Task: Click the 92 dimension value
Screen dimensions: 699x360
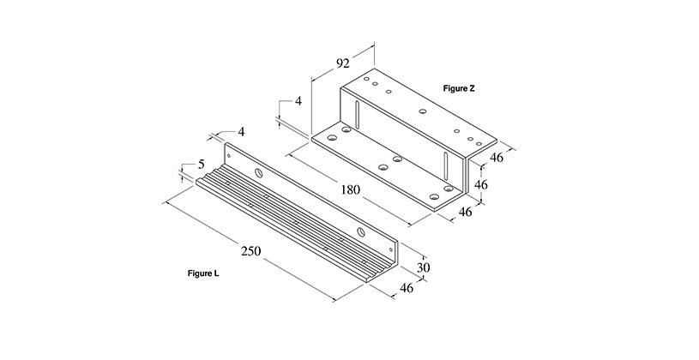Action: pos(342,63)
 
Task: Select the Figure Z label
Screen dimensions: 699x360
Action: pos(459,88)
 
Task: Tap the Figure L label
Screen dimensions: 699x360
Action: pos(202,273)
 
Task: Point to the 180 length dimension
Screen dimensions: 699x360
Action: pos(350,189)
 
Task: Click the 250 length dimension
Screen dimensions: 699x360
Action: pos(250,251)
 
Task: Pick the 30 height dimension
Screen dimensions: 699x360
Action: pos(423,267)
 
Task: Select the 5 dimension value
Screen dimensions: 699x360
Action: pos(201,165)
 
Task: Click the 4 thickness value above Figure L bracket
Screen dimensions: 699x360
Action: pos(241,131)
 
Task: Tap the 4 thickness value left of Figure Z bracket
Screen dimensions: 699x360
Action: pos(298,101)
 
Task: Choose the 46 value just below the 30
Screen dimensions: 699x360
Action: pos(407,288)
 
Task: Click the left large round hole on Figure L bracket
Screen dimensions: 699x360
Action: pos(258,173)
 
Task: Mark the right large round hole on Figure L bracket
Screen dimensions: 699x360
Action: pos(361,232)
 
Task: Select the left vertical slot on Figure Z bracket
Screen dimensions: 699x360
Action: pos(357,114)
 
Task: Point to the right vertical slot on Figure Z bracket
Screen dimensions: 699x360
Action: pos(445,165)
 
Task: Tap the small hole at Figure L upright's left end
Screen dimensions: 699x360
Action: pos(229,155)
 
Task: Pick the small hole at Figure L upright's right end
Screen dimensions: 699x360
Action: pos(391,249)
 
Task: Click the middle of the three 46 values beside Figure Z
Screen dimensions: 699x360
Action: pos(480,184)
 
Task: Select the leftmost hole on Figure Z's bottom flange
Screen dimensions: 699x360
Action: pos(331,138)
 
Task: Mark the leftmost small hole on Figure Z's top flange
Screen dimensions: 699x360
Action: pos(366,79)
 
